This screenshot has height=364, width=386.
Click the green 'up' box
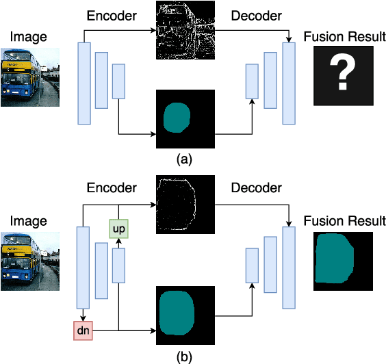(118, 226)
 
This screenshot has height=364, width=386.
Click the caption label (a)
(185, 159)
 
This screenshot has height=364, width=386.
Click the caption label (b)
(185, 356)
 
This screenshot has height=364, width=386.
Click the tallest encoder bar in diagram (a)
(84, 83)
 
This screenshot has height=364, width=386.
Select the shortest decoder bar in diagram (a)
(252, 81)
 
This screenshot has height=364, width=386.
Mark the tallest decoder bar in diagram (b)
(289, 268)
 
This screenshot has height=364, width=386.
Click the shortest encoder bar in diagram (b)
(118, 265)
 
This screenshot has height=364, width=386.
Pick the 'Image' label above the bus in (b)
(27, 220)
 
